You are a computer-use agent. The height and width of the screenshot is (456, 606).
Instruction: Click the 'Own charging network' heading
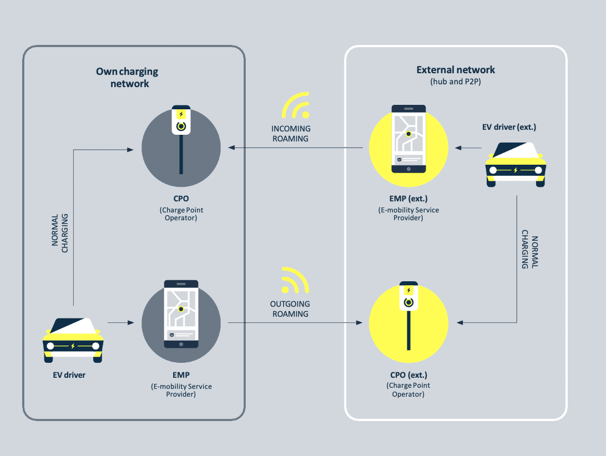[x=127, y=78]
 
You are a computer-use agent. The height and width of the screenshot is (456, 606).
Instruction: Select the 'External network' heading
[x=456, y=70]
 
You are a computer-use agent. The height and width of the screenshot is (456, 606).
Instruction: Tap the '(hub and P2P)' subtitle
[x=456, y=82]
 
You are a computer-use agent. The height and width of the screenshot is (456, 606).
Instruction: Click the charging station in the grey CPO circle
[x=180, y=139]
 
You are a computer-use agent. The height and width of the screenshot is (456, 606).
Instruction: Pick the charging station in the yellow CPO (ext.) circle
[x=408, y=316]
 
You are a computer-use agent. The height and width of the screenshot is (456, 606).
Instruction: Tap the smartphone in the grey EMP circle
[x=181, y=315]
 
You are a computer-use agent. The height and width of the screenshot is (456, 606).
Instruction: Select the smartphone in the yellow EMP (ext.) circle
[x=408, y=139]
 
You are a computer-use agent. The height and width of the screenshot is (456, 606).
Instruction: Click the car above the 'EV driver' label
[x=73, y=340]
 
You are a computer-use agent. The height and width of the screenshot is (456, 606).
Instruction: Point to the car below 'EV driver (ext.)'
[x=516, y=165]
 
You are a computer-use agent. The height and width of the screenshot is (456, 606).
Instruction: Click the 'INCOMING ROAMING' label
[x=291, y=134]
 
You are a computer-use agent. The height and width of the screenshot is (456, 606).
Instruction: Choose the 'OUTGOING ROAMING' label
[x=290, y=309]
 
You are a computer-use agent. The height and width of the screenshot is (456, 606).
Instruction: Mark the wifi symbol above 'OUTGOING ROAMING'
[x=294, y=281]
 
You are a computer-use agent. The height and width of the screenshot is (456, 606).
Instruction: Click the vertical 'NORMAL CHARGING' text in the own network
[x=60, y=234]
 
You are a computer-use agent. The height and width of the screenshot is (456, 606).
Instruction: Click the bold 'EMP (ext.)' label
[x=408, y=199]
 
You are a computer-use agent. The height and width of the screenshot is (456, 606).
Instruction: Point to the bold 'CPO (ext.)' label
[x=408, y=375]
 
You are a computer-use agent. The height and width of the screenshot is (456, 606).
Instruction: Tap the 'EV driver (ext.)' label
[x=509, y=128]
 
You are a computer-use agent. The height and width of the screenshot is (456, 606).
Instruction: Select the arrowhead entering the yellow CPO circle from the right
[x=459, y=322]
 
